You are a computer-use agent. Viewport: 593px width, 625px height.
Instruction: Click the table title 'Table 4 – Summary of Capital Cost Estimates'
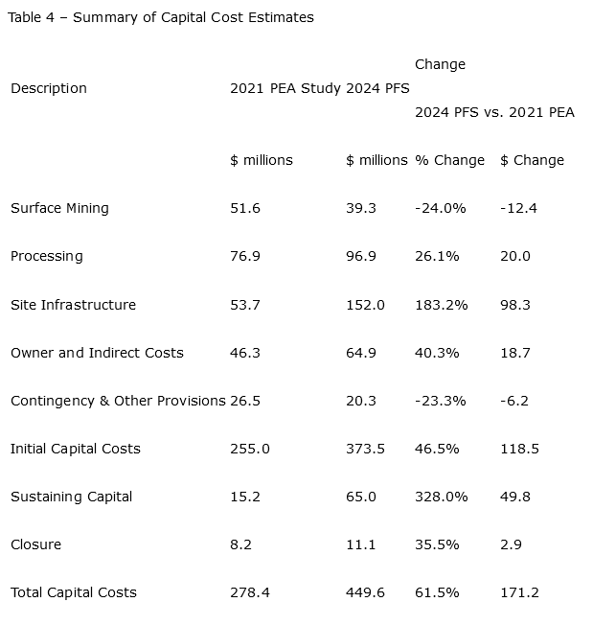(160, 17)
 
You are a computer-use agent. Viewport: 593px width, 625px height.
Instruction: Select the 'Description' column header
(48, 88)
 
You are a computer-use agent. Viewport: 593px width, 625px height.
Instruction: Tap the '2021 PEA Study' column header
(285, 88)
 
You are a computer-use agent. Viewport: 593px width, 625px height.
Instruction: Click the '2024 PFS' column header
(376, 88)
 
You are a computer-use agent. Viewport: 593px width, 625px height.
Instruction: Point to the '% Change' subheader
(449, 160)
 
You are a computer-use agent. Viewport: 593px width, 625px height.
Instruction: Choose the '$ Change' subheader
(532, 160)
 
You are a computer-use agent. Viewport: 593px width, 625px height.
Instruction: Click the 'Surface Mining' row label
(59, 208)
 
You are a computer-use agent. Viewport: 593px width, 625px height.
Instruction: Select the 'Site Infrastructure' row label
(73, 305)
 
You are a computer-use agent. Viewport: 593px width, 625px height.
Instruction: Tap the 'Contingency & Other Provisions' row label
(118, 401)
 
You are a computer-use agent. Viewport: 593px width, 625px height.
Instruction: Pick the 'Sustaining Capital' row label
(71, 497)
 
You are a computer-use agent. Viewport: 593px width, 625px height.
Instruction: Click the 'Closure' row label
(35, 544)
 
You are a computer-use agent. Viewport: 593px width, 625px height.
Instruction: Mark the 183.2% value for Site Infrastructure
(441, 305)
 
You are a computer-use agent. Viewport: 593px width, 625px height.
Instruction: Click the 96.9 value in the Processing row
(361, 256)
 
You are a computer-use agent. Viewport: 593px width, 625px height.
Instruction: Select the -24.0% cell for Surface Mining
(440, 208)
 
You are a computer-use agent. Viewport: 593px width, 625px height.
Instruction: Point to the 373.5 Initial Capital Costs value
(365, 449)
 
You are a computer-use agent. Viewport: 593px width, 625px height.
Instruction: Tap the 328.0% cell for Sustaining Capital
(441, 497)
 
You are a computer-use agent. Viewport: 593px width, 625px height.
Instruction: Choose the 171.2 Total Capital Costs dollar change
(519, 592)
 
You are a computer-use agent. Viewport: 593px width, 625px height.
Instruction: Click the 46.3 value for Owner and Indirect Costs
(245, 353)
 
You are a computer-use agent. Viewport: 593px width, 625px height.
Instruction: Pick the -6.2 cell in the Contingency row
(514, 401)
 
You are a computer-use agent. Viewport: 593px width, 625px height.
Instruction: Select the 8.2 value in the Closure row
(240, 544)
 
